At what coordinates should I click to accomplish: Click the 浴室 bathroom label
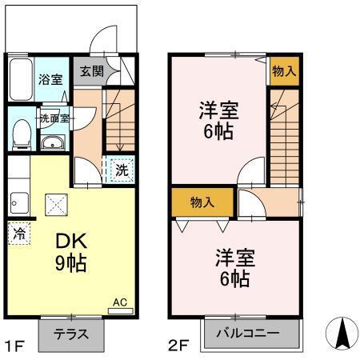[50, 79]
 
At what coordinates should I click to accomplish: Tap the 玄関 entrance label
[90, 70]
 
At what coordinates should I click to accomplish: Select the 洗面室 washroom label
[54, 117]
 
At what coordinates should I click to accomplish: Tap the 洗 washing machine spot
[121, 170]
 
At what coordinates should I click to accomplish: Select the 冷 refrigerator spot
[18, 235]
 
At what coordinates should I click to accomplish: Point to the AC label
[119, 302]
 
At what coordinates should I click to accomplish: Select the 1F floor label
[14, 346]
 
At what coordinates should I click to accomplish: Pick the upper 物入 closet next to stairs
[283, 71]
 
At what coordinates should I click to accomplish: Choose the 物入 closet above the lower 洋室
[202, 202]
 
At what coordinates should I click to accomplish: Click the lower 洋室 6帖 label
[234, 267]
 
